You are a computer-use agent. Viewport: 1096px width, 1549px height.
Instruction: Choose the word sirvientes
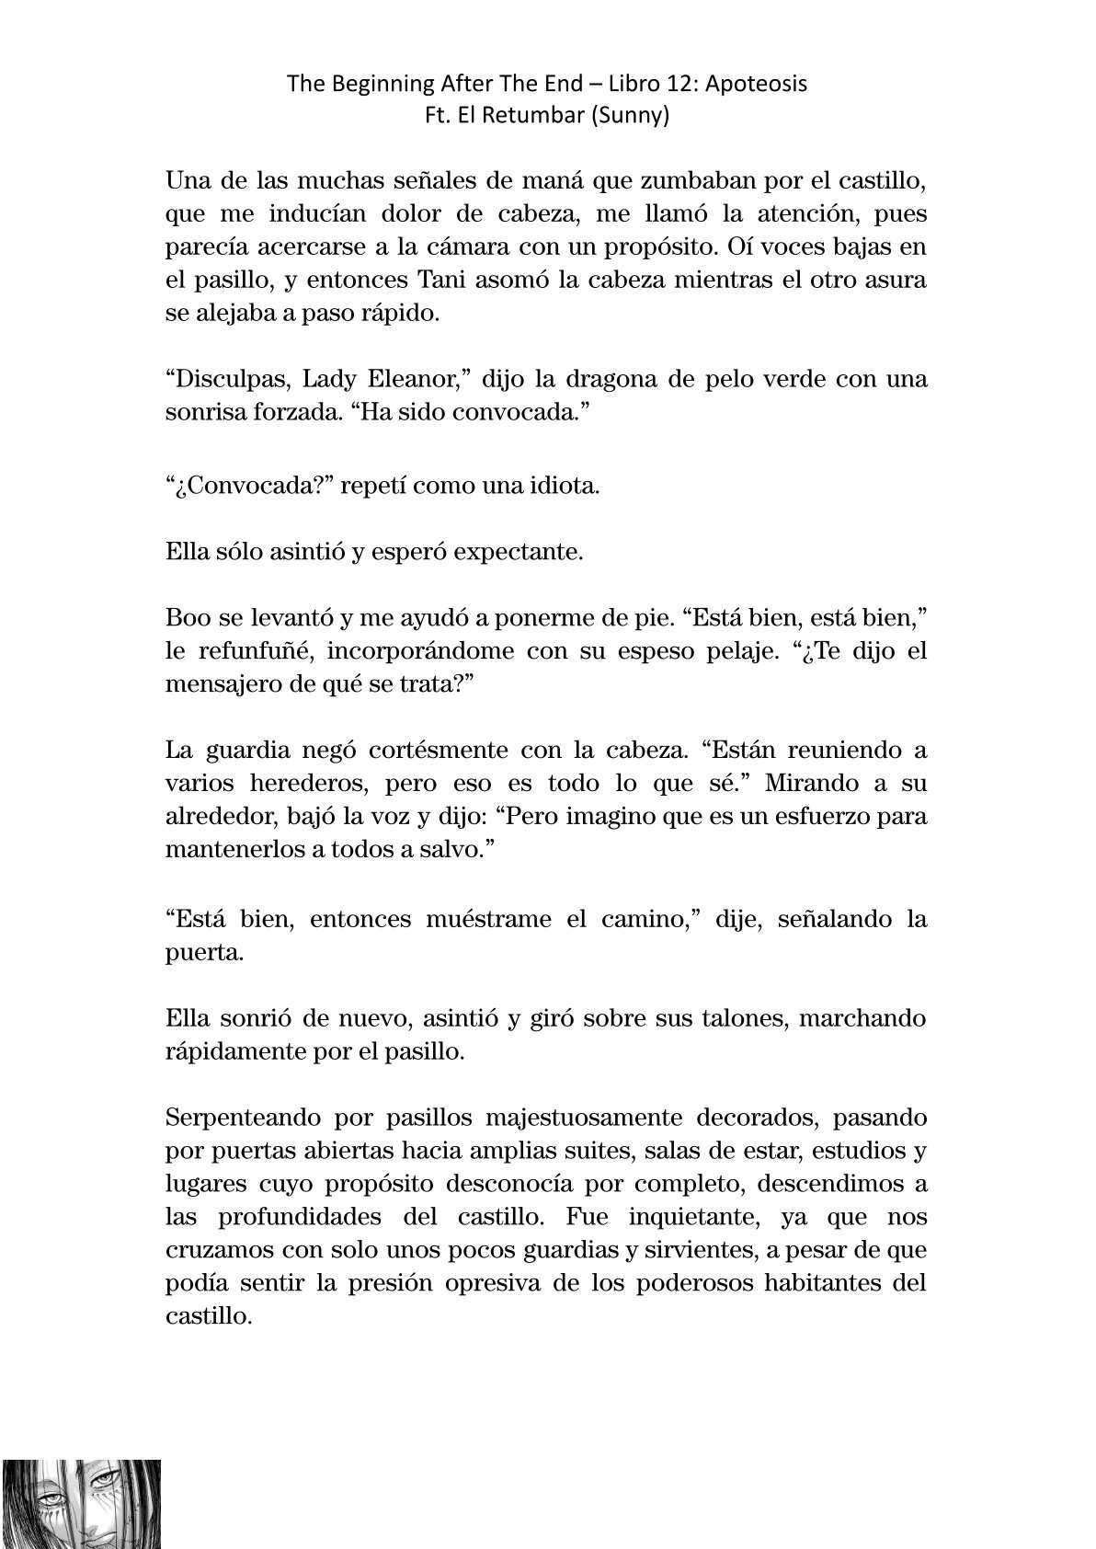(726, 1250)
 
